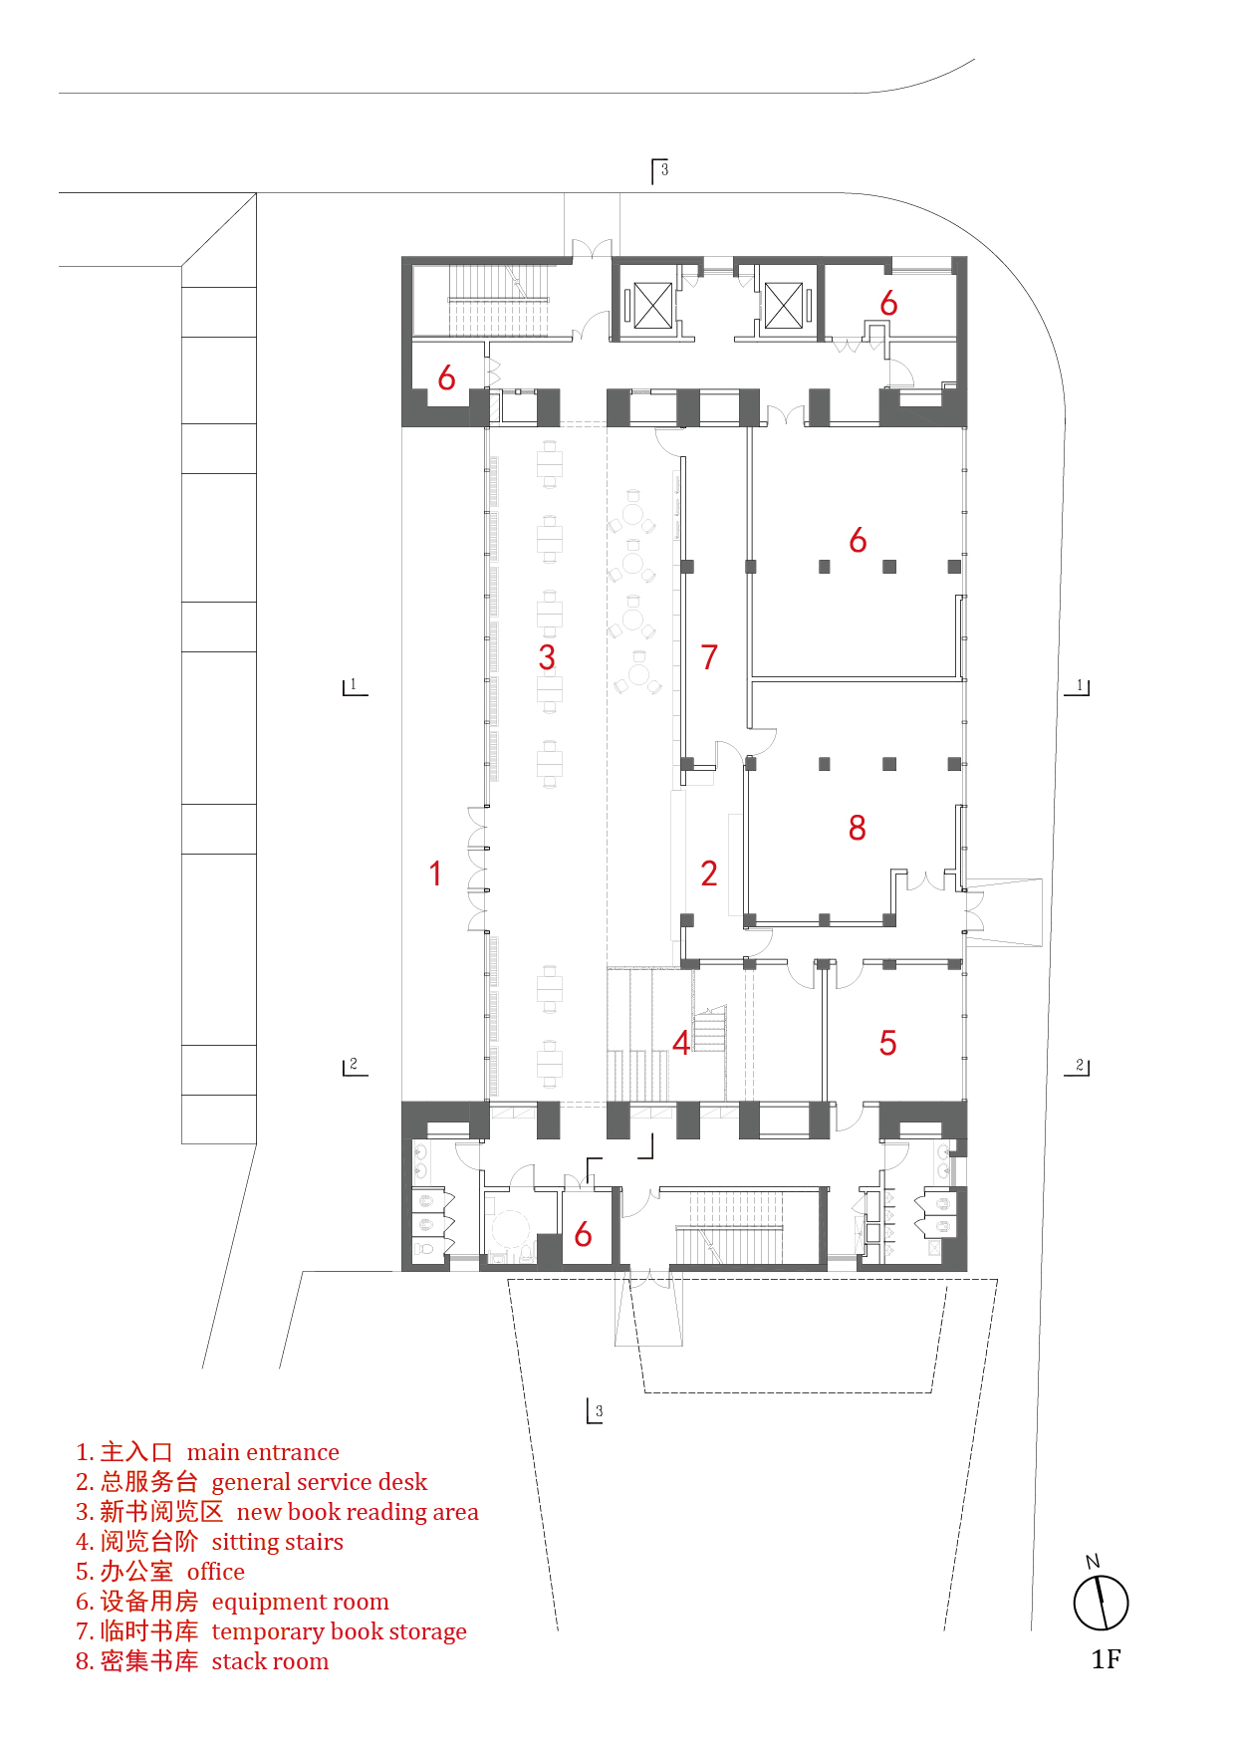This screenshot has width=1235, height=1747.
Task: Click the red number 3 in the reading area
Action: pos(547,657)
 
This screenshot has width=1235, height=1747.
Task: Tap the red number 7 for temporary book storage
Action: pos(709,657)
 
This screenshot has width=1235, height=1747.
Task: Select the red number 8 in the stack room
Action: pos(858,828)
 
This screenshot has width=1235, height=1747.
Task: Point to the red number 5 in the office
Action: pos(887,1043)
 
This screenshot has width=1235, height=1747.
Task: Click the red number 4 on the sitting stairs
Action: pos(681,1043)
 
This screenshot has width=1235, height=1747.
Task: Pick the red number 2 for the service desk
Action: pos(709,873)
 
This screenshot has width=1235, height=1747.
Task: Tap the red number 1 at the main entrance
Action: pos(435,873)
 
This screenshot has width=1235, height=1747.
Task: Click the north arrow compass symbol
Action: pos(1101,1603)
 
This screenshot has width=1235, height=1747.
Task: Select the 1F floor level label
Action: pos(1106,1659)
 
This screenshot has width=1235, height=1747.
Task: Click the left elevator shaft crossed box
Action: pos(652,305)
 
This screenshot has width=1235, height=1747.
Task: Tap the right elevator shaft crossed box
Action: pos(783,305)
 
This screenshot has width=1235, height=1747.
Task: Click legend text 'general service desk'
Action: pos(319,1482)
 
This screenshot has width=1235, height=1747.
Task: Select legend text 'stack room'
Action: pos(270,1661)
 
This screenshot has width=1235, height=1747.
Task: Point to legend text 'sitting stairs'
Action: pos(277,1542)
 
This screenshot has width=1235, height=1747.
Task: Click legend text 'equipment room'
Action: pos(300,1602)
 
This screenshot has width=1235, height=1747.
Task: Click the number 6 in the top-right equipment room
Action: pos(888,304)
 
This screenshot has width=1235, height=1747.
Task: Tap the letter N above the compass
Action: pos(1093,1561)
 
